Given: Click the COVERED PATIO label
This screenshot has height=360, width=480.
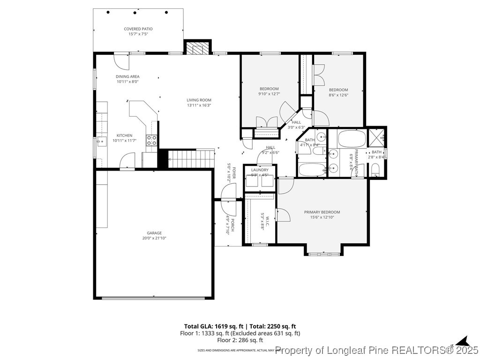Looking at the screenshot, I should (x=138, y=29).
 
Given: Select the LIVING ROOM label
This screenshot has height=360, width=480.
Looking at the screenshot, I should (x=199, y=100).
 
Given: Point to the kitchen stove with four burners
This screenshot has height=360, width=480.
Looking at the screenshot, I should (x=151, y=140).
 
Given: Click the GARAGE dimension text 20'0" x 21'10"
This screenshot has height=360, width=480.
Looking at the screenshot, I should (x=154, y=238).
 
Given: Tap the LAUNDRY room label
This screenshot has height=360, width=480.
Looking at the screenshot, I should (x=260, y=170).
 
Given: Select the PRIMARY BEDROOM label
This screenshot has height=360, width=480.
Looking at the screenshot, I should (x=322, y=212).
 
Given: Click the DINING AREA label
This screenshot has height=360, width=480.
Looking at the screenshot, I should (x=127, y=76).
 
